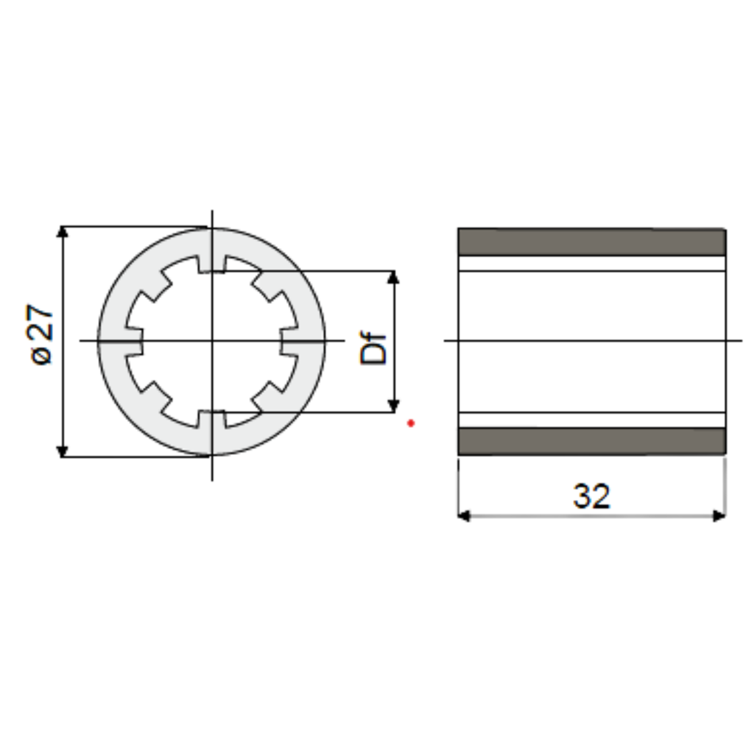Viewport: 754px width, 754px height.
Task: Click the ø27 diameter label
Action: click(x=41, y=335)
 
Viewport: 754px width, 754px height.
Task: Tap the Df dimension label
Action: click(x=373, y=348)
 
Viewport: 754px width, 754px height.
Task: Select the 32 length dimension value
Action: click(x=591, y=496)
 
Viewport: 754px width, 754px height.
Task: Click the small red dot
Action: click(x=411, y=423)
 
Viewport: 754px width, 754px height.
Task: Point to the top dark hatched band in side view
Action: click(x=591, y=242)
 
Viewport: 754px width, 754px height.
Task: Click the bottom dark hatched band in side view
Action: click(x=591, y=441)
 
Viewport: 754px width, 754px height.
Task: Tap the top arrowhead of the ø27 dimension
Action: click(x=62, y=231)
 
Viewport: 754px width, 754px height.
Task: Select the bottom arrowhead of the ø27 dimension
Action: click(x=62, y=451)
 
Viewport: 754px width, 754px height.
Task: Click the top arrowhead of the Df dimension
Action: click(x=393, y=277)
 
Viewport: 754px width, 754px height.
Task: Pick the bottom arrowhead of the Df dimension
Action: click(x=393, y=406)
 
